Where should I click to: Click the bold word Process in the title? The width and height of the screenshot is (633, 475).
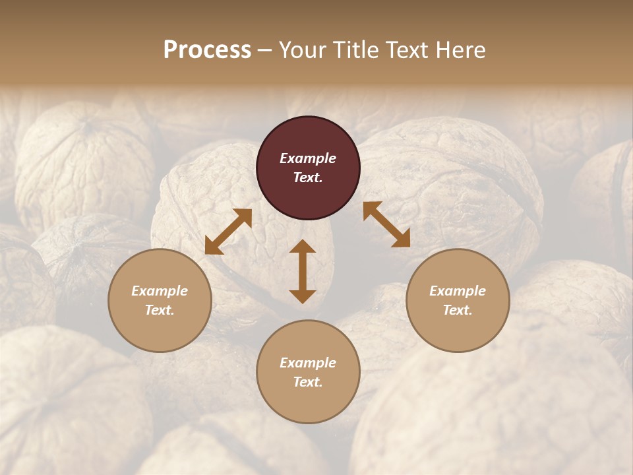tap(207, 50)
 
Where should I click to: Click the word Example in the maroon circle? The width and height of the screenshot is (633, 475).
tap(308, 158)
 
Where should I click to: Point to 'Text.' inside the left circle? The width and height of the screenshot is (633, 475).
tap(160, 310)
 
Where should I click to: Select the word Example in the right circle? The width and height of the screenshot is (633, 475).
tap(458, 291)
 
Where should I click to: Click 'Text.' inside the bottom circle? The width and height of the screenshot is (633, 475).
tap(308, 382)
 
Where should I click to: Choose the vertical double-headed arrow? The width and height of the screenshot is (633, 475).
tap(303, 271)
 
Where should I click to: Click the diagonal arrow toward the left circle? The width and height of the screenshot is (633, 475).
tap(228, 232)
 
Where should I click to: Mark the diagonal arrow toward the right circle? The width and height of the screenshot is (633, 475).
tap(386, 224)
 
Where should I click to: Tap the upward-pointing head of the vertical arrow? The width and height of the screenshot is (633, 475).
tap(303, 246)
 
